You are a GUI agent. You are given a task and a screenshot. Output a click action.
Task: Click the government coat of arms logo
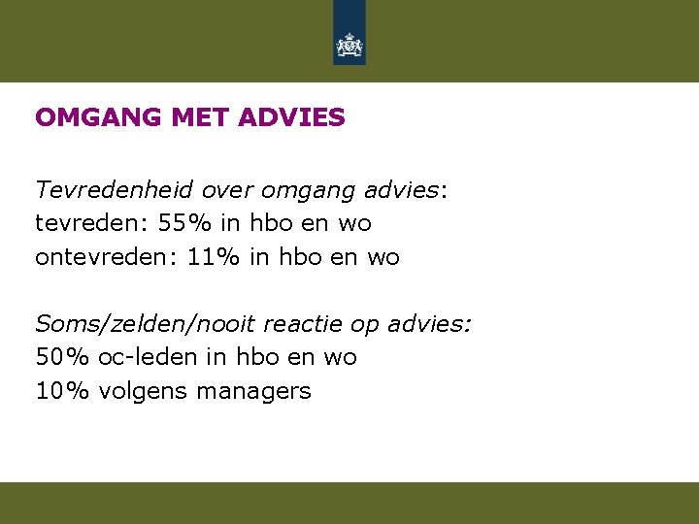349,45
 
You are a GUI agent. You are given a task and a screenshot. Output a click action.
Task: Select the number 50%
62,357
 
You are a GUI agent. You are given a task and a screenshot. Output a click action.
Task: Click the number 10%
62,391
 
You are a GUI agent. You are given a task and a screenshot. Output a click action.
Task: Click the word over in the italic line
227,189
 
